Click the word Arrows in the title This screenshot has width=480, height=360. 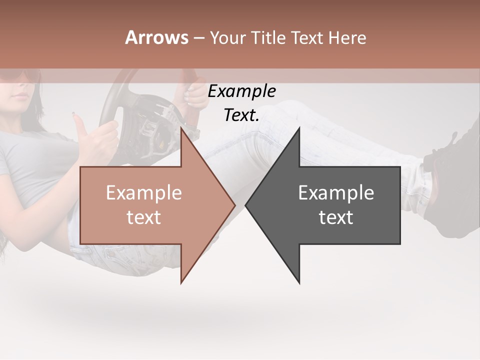point(157,37)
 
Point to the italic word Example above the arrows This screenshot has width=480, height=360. point(241,91)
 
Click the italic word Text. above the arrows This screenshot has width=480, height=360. point(241,115)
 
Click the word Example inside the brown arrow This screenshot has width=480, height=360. point(144,193)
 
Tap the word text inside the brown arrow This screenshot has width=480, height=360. point(144,217)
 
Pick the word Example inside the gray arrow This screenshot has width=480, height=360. point(336,193)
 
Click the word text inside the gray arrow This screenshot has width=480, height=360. point(336,217)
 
